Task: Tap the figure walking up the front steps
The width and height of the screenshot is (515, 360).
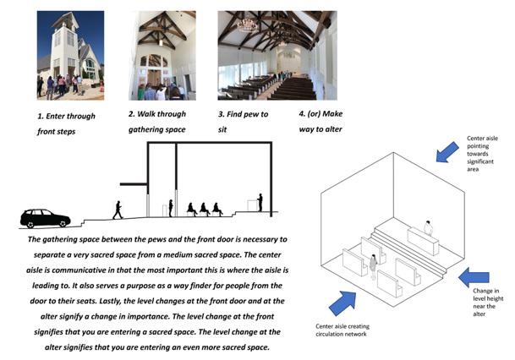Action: (118, 209)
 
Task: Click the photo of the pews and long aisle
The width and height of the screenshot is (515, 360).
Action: (276, 55)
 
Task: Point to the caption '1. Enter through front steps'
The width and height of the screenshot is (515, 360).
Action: (67, 123)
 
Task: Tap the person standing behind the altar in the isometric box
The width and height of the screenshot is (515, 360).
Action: (429, 227)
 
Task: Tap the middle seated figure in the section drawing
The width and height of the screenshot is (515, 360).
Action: (205, 209)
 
